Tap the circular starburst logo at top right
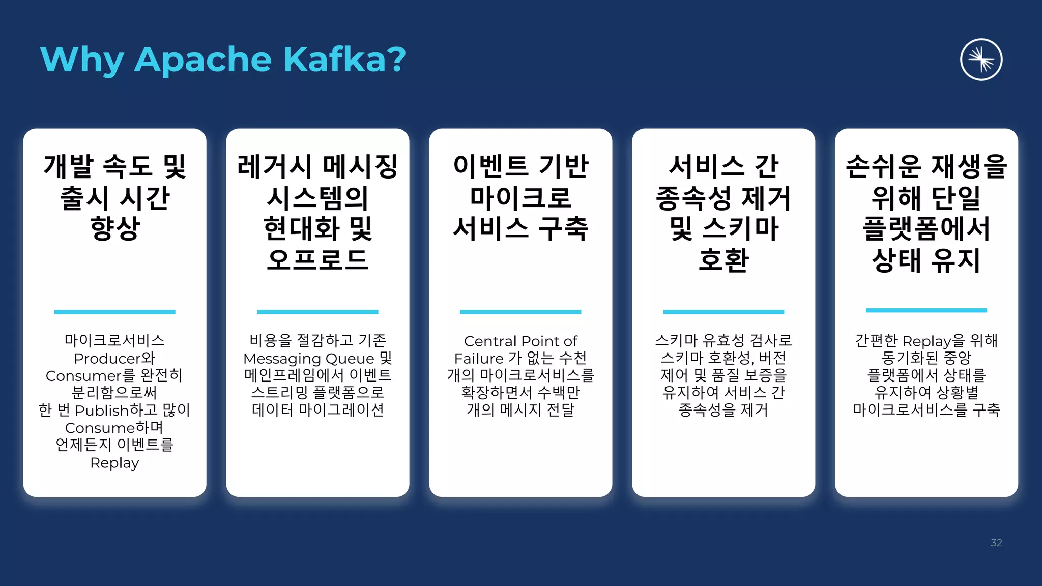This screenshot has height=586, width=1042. [x=981, y=60]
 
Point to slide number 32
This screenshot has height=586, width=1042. [x=996, y=543]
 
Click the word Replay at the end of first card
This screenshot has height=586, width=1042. [x=114, y=463]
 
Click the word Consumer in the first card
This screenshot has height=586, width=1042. [x=83, y=376]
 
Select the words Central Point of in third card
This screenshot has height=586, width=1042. [x=520, y=341]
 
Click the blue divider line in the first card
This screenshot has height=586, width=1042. [x=114, y=312]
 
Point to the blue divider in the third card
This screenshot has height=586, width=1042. [x=520, y=312]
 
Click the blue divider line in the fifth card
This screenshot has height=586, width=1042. [x=926, y=310]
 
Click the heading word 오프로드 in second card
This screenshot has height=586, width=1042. [x=317, y=260]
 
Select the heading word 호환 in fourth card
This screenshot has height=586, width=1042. [x=723, y=260]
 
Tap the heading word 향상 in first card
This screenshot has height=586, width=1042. [x=114, y=228]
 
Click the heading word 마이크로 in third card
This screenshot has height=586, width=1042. [x=520, y=197]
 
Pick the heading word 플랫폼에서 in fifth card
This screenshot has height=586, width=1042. [x=926, y=228]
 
